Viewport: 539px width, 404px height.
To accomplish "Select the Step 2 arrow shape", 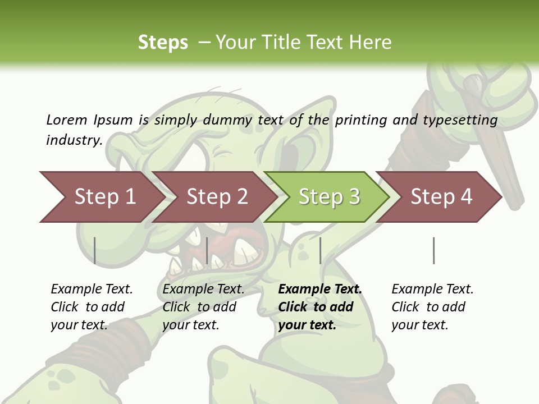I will tap(217, 197).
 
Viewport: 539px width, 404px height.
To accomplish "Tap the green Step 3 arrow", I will tap(329, 197).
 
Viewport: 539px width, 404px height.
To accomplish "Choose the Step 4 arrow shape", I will tap(441, 197).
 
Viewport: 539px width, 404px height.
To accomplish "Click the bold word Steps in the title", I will tap(163, 43).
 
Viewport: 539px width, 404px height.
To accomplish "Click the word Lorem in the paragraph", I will tap(66, 120).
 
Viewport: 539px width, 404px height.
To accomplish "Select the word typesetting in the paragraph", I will tap(460, 120).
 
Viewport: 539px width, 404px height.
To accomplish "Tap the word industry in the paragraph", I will tap(74, 140).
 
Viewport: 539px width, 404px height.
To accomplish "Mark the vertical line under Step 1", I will tap(95, 251).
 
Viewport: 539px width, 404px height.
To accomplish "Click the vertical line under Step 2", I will tap(207, 251).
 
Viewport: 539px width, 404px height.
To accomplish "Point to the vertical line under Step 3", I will tap(320, 251).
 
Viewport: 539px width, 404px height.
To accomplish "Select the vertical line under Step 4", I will tap(433, 251).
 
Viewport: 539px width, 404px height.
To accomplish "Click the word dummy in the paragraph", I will tap(228, 120).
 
